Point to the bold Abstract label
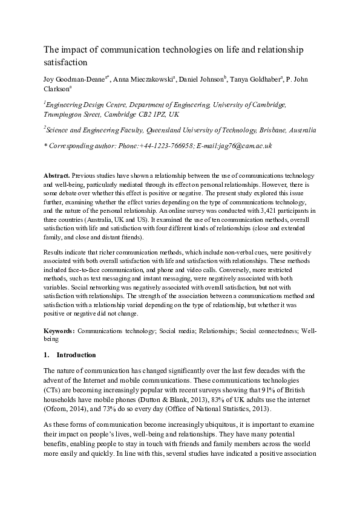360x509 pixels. (57, 175)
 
